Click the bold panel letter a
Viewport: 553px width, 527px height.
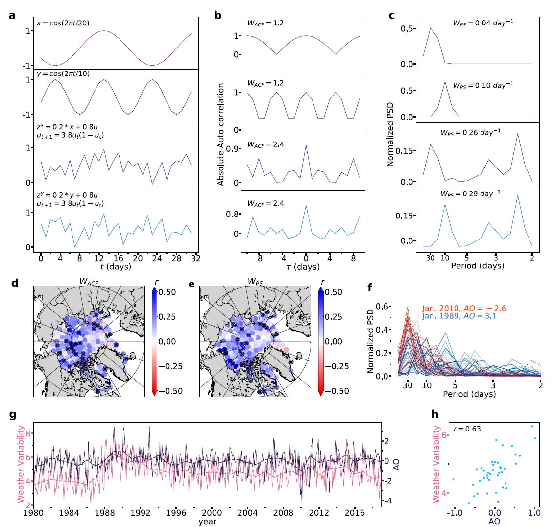click(12, 15)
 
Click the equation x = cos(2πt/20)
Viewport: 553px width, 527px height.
click(62, 23)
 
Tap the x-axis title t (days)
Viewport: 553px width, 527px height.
click(115, 267)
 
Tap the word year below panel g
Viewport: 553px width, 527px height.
click(207, 522)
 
